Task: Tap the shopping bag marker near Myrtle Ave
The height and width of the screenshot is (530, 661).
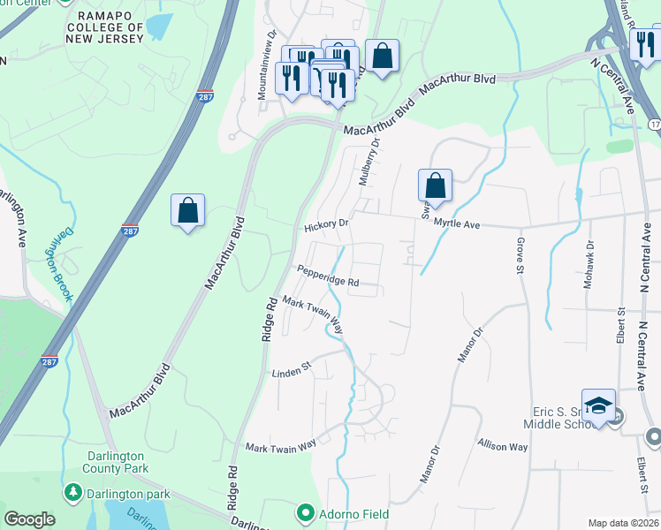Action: coord(435,186)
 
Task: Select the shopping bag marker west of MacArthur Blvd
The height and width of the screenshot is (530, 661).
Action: coord(187,211)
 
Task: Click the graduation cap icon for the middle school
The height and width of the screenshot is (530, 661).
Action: coord(598,405)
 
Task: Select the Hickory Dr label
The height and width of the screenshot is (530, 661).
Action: coord(327,225)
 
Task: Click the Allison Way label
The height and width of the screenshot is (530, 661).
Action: coord(502,447)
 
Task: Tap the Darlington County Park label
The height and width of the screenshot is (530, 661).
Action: coord(121,463)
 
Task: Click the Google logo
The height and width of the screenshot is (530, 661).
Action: coord(29,519)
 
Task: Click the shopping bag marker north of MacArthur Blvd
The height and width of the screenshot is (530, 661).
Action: coord(382,57)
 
